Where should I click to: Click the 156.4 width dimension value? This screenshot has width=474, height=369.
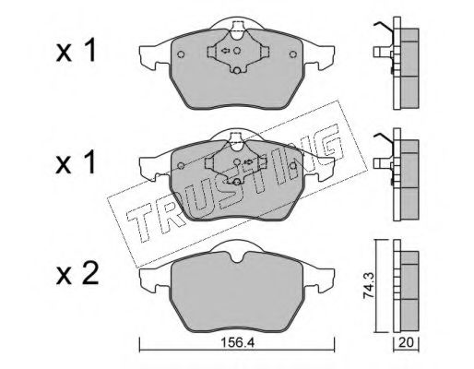[x=238, y=343]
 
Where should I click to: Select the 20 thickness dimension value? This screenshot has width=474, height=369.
[x=407, y=342]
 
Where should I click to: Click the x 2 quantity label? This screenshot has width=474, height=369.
[x=77, y=274]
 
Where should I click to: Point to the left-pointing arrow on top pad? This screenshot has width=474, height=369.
[x=225, y=51]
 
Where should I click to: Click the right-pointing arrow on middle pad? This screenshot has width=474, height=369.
[x=248, y=161]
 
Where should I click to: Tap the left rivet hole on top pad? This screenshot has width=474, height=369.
[x=181, y=54]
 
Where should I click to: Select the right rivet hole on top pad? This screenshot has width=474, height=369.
[x=293, y=54]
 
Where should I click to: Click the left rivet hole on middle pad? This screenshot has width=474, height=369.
[x=181, y=166]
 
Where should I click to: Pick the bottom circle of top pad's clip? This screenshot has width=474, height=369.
[x=236, y=71]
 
